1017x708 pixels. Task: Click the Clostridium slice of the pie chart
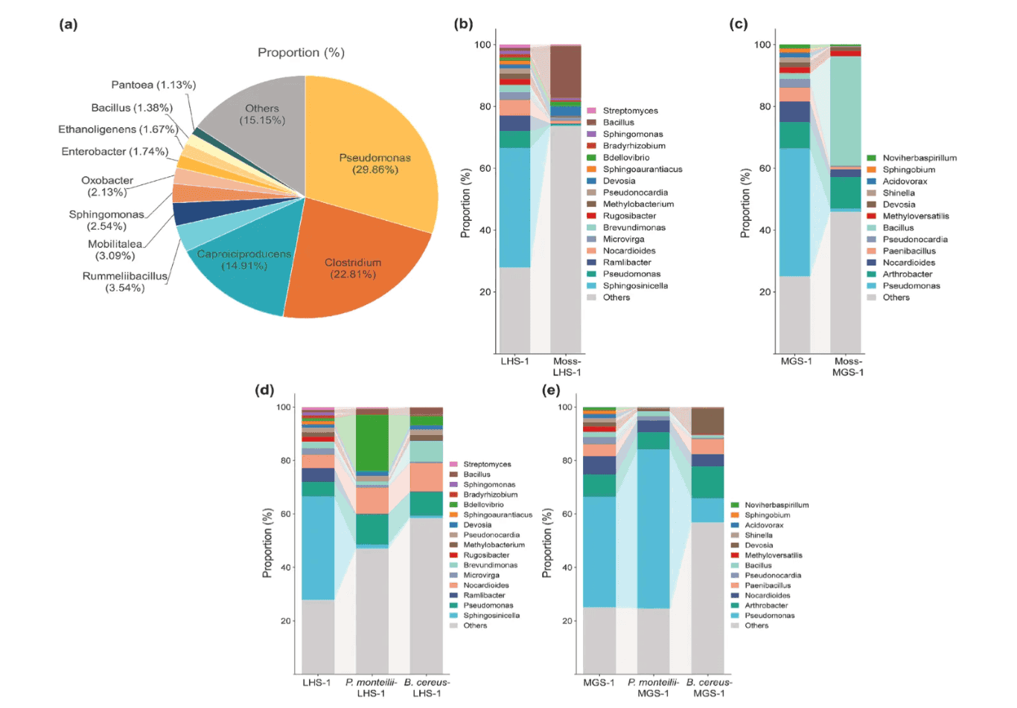coord(353,268)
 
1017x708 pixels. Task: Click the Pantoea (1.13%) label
coord(153,85)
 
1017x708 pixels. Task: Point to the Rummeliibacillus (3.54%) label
coord(125,282)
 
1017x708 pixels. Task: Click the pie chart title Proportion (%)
coord(301,52)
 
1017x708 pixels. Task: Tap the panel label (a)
coord(68,24)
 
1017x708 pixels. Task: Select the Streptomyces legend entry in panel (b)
coord(630,111)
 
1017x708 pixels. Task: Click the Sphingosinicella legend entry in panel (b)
coord(634,286)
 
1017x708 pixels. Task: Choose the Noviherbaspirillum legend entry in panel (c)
coord(919,158)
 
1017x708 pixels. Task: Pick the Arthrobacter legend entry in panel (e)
coord(765,605)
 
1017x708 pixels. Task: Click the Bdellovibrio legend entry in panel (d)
coord(483,504)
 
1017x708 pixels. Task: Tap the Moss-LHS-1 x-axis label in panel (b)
coord(567,367)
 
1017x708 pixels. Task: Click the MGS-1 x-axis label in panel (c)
coord(796,361)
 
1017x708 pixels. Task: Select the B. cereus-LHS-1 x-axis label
coord(427,687)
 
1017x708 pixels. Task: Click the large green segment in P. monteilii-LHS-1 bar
coord(372,442)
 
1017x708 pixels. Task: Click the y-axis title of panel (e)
coord(547,543)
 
